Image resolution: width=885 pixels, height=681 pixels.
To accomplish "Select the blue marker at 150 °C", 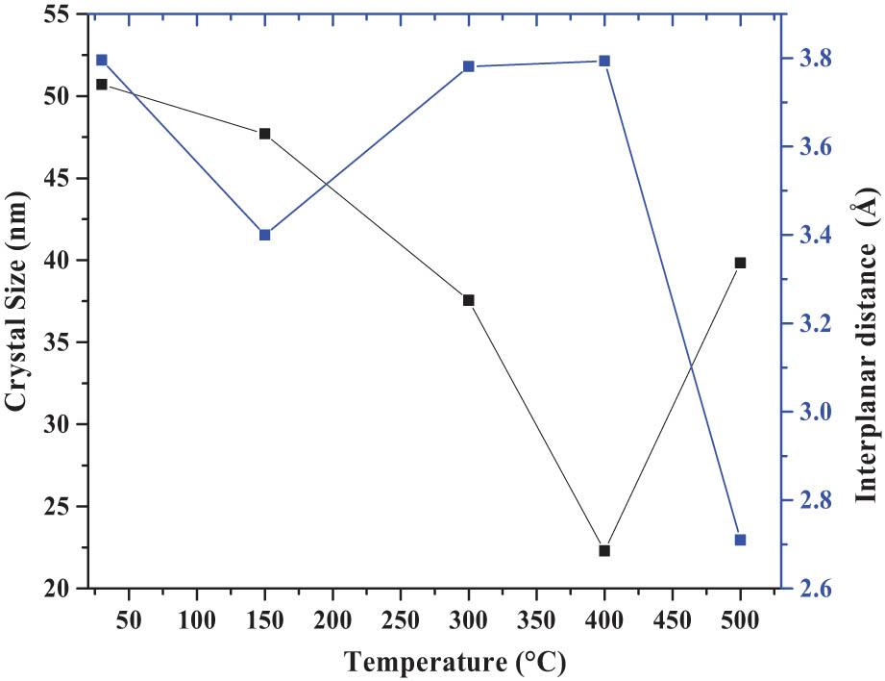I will tap(265, 235).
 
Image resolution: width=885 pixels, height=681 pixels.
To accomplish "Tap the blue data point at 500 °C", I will tap(740, 540).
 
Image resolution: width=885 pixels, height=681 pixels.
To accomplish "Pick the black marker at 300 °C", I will tap(469, 300).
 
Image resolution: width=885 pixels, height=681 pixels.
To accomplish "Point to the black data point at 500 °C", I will tap(740, 263).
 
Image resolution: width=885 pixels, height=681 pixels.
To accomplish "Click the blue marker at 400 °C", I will tap(604, 61).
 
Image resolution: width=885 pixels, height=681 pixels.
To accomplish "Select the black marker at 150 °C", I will tap(265, 134).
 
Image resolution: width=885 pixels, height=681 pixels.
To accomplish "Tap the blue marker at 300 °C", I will tap(469, 66).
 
